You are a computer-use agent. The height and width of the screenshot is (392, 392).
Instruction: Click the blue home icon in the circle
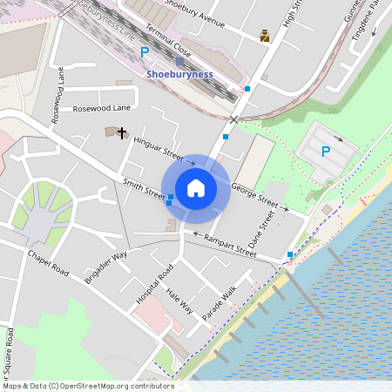click(x=196, y=187)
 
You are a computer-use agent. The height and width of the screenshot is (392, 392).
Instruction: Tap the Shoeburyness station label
click(x=180, y=74)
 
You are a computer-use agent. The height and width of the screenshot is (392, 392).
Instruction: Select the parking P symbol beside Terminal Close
click(x=145, y=51)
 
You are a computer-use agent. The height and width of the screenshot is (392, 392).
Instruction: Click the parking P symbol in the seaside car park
click(x=326, y=151)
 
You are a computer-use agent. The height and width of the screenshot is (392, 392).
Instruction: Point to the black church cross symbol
click(x=122, y=133)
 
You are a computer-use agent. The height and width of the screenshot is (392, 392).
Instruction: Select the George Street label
click(x=254, y=196)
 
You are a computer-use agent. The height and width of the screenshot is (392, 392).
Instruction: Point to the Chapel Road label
click(x=48, y=264)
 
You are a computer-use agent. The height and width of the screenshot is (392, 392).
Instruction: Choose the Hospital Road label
click(x=154, y=284)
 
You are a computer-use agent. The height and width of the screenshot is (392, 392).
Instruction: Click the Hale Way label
click(x=179, y=302)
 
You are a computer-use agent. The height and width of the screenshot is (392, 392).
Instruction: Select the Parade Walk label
click(x=220, y=302)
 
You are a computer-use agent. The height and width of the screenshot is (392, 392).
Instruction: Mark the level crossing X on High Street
click(x=233, y=118)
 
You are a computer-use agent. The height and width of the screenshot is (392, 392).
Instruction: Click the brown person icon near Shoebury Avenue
click(x=265, y=37)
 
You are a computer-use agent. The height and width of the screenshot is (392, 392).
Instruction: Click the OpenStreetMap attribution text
click(x=87, y=386)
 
